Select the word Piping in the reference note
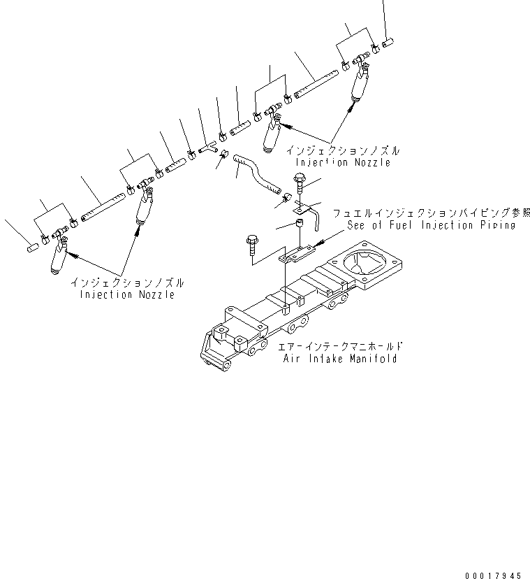[x=497, y=225]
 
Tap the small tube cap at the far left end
[x=32, y=246]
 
